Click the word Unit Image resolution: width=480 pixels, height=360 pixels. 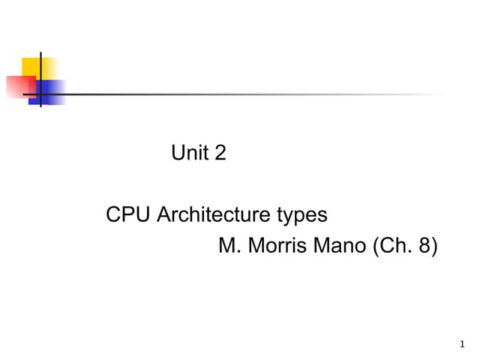tap(190, 152)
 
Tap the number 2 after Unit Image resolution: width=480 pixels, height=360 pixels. tap(220, 152)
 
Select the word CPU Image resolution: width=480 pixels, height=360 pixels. tap(128, 214)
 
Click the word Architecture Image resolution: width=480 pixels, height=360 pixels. tap(214, 214)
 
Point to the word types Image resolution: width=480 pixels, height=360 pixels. tap(302, 216)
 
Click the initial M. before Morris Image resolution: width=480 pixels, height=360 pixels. tap(229, 245)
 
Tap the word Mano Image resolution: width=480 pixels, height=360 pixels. tap(340, 245)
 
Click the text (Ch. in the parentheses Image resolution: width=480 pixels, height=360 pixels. tap(392, 246)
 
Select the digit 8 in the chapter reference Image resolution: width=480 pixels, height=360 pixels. tap(425, 245)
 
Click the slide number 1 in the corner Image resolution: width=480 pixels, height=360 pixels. tap(462, 344)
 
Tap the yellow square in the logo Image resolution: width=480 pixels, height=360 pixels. tap(39, 69)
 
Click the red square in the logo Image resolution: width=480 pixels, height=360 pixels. tap(21, 87)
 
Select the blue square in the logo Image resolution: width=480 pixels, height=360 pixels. tap(46, 92)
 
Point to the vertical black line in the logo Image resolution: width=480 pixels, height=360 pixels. tap(40, 79)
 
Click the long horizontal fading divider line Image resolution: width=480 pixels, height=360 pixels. tap(235, 94)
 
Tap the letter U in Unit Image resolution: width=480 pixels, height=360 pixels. tap(178, 152)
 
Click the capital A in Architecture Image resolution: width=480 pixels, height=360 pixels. tap(164, 214)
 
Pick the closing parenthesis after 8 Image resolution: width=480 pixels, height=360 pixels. tap(435, 246)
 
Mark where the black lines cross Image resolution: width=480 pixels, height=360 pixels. tap(40, 94)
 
